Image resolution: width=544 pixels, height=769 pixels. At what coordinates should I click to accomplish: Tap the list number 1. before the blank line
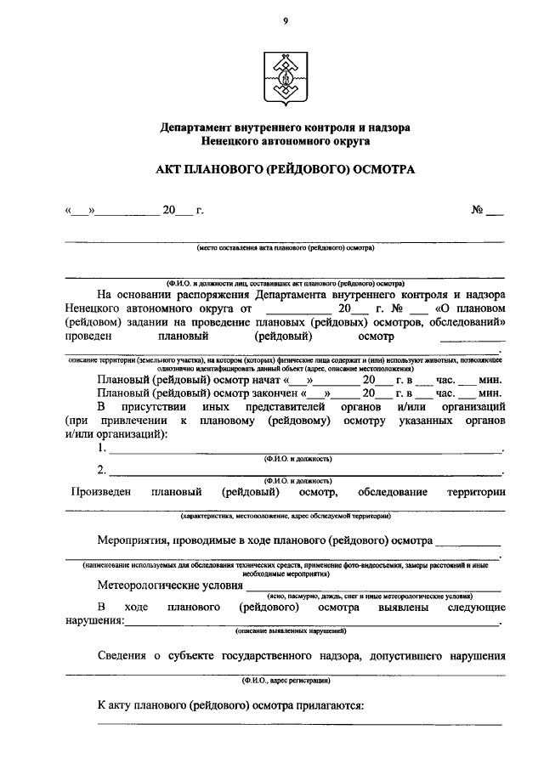(102, 448)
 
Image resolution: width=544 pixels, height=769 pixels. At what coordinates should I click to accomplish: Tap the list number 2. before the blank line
(102, 470)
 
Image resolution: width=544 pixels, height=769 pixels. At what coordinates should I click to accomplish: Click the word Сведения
(123, 655)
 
